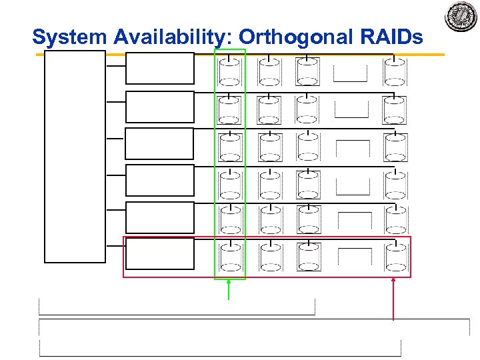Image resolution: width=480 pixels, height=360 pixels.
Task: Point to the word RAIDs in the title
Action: point(393,37)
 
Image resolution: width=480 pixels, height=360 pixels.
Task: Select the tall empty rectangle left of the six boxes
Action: point(75,156)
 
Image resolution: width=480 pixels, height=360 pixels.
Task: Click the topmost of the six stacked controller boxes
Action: point(160,68)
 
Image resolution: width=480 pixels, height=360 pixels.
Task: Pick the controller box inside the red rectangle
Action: point(160,253)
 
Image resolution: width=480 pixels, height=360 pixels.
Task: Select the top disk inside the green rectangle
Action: point(229,73)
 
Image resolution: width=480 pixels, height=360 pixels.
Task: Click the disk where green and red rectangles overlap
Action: point(230,257)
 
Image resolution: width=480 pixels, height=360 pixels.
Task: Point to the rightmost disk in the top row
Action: point(395,73)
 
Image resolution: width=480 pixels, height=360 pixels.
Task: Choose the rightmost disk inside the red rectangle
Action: point(396,257)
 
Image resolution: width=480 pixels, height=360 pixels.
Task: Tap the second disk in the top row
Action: point(269,73)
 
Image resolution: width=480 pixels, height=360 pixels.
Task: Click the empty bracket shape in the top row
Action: point(351,73)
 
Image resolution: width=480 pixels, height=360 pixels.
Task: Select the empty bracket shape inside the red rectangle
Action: point(355,257)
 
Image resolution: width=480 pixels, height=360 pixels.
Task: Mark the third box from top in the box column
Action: point(160,143)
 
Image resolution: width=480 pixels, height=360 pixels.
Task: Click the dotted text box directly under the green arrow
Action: point(177,307)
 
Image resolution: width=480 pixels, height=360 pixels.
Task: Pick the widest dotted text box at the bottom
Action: point(254,328)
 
